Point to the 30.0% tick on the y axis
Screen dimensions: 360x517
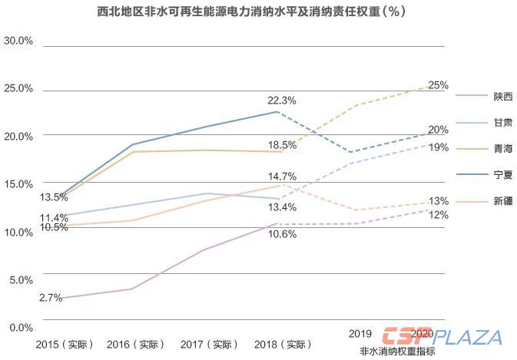(x=18, y=40)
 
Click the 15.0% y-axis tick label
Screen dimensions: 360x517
(x=18, y=183)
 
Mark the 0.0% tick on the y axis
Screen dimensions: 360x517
(x=21, y=327)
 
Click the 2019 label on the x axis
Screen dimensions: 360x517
(x=360, y=335)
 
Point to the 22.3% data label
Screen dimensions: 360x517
(x=281, y=101)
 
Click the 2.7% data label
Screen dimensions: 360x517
(x=50, y=298)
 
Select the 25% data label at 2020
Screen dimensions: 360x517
(x=439, y=85)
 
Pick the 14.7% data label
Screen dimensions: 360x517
(x=282, y=177)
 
